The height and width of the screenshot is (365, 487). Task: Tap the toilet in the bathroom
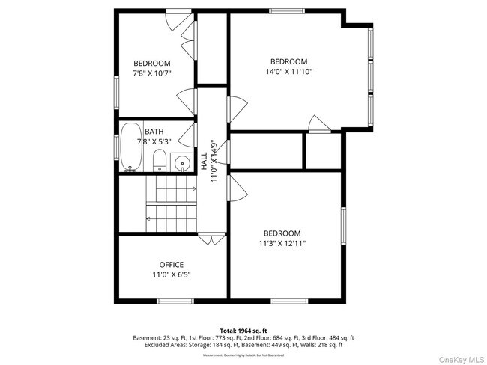159,160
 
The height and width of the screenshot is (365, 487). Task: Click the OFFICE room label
171,264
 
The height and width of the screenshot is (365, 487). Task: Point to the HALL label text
203,161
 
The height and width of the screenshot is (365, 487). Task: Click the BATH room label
154,131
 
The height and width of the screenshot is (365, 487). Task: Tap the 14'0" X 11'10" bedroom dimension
288,72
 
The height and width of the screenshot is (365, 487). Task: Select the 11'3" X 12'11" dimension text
282,243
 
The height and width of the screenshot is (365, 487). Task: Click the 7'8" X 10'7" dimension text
152,73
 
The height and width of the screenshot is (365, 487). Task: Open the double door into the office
212,239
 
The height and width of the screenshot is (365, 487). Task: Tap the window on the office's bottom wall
175,301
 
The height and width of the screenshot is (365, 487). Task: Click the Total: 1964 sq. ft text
243,330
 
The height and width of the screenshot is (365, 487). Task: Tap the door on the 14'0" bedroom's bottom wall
318,126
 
